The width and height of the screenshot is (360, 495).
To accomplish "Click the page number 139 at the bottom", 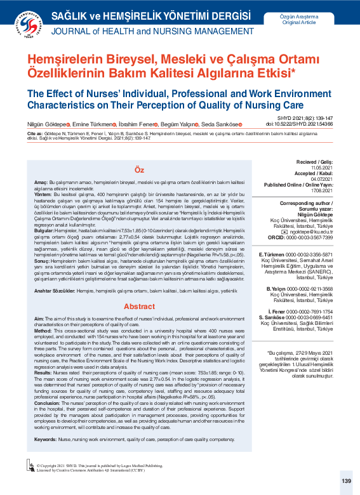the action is click(346, 481).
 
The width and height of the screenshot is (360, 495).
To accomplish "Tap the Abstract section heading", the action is click(139, 306).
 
